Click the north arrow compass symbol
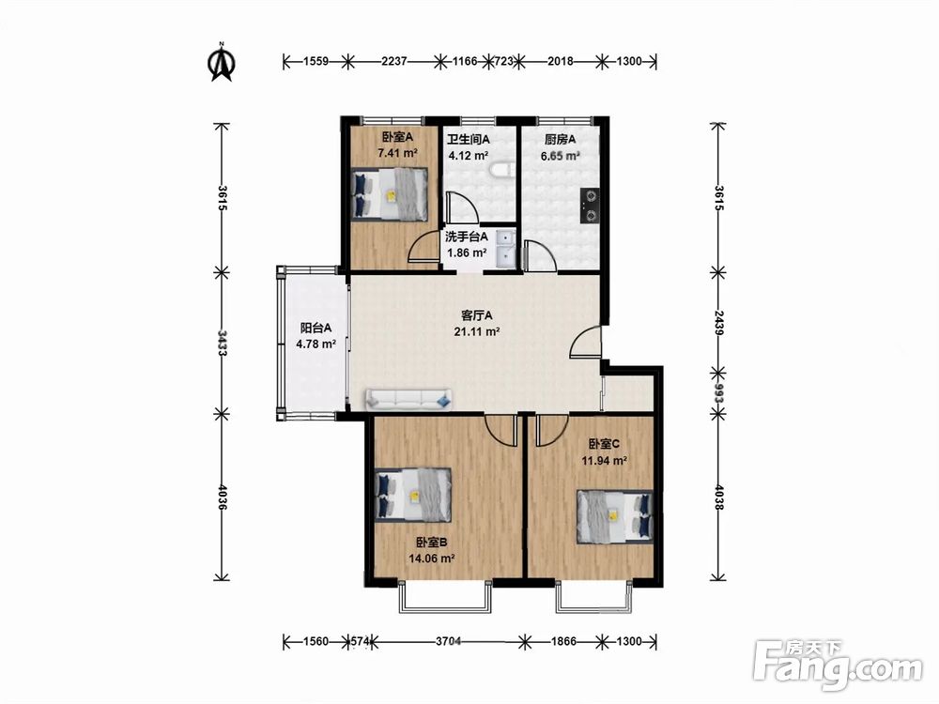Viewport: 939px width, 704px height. (222, 62)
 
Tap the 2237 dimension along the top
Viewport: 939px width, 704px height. (394, 60)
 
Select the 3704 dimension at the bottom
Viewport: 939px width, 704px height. (448, 642)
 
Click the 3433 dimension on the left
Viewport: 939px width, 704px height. (222, 343)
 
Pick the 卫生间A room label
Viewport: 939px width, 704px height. (469, 140)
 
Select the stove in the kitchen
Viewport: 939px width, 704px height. (590, 206)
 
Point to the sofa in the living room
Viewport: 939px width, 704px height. (408, 398)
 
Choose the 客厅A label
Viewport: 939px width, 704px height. (477, 314)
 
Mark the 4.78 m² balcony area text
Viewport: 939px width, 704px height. (316, 344)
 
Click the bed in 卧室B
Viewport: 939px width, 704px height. (412, 494)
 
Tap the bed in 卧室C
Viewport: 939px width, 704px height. (615, 516)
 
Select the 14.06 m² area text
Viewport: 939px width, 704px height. (431, 559)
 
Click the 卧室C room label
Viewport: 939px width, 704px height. (604, 444)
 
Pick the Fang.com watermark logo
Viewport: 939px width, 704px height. (839, 665)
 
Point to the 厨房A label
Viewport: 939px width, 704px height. (560, 140)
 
